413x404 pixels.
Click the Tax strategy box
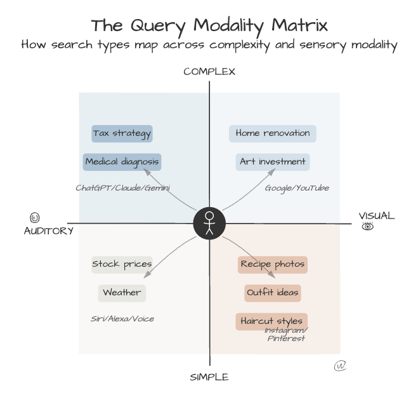point(122,133)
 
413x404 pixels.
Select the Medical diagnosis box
point(122,161)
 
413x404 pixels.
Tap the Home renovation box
point(273,133)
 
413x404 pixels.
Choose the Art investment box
point(273,161)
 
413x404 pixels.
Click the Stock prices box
point(122,264)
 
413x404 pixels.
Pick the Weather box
point(122,293)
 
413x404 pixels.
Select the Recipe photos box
point(273,264)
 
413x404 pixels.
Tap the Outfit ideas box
point(273,293)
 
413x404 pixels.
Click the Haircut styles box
point(272,321)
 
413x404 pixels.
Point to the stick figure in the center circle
point(209,224)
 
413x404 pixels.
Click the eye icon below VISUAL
point(367,227)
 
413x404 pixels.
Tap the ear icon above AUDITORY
point(34,218)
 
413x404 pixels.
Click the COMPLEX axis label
point(209,72)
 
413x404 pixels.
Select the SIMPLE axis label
point(209,377)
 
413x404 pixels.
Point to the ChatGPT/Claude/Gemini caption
point(122,188)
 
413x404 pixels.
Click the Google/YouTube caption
point(297,188)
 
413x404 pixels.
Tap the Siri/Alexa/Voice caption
point(122,319)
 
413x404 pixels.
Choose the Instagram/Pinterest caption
point(286,334)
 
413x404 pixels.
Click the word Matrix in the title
point(299,26)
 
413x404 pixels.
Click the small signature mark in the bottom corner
point(340,367)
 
